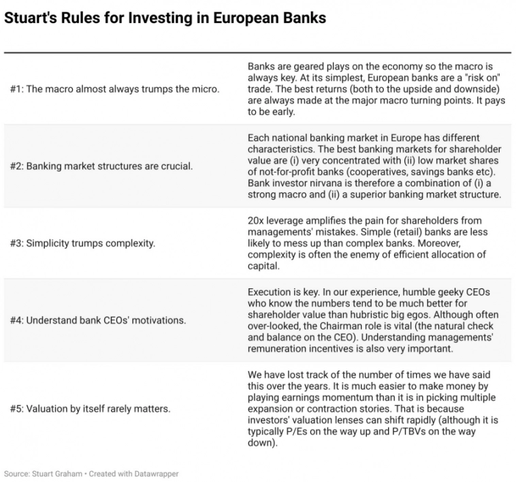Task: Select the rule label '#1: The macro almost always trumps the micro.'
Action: pyautogui.click(x=114, y=90)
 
